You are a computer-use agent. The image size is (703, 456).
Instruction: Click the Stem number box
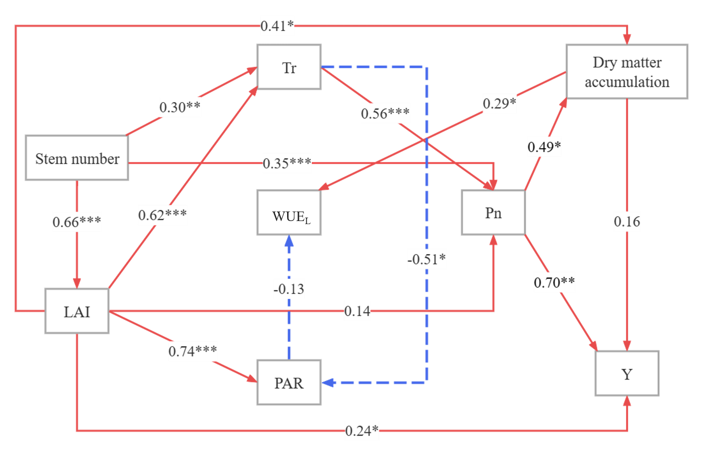77,158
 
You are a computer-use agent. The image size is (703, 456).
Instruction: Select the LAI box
77,311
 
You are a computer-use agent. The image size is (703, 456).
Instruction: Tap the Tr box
289,67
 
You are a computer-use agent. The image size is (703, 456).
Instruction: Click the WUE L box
289,213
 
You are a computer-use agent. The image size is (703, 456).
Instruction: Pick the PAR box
289,382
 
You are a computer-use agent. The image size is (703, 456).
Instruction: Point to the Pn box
493,213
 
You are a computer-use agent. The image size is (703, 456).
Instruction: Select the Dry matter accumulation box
627,72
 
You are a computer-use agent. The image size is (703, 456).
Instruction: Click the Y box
627,373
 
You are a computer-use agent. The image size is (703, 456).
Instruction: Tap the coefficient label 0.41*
278,26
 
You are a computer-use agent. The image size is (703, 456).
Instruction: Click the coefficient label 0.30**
180,107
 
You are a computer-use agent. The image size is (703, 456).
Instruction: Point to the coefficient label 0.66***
77,222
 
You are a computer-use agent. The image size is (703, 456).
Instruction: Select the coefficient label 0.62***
163,215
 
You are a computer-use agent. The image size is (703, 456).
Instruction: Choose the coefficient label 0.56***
385,113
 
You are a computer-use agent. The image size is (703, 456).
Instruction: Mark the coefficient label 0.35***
287,163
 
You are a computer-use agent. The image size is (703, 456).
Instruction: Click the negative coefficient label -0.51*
427,259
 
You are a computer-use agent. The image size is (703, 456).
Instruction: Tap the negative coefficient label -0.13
289,289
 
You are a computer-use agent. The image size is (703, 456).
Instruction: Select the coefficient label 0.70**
554,283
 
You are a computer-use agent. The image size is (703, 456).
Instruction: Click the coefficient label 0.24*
362,431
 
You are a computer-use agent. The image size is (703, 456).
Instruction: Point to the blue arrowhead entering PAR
328,382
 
